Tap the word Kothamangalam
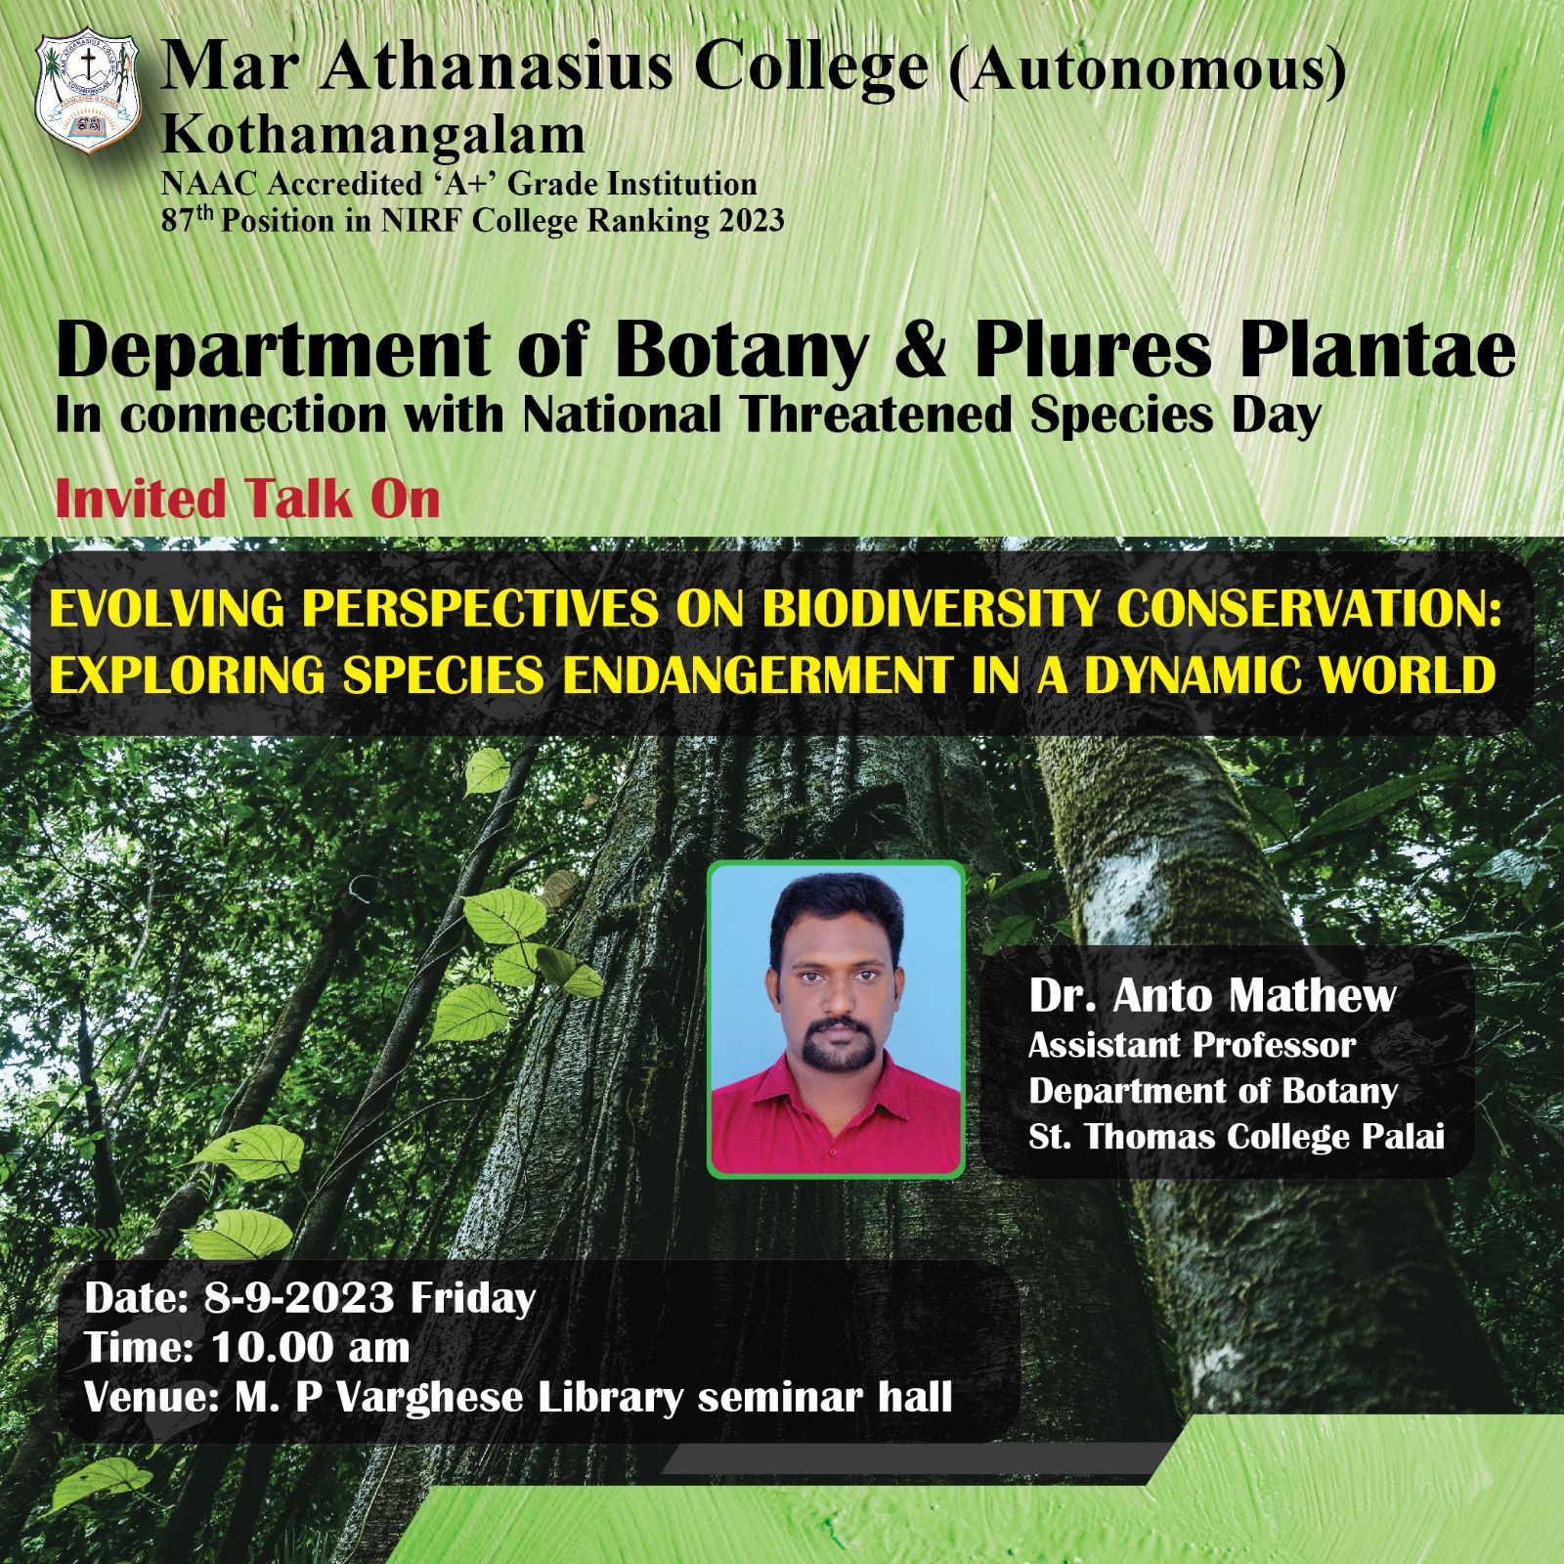tap(373, 135)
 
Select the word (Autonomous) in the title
tap(1148, 70)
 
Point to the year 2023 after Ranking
tap(752, 221)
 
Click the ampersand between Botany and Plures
tap(922, 350)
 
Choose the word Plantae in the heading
tap(1378, 350)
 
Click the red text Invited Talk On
tap(248, 499)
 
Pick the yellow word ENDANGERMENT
tap(758, 674)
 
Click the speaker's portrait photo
tap(836, 1020)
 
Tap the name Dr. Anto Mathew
tap(1212, 996)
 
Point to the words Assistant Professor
tap(1192, 1046)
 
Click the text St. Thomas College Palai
tap(1237, 1137)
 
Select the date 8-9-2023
tap(299, 1298)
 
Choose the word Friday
tap(473, 1299)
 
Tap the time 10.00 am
tap(311, 1348)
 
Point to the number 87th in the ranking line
tap(187, 219)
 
